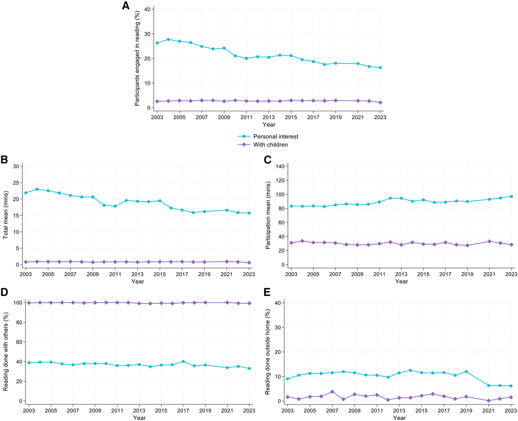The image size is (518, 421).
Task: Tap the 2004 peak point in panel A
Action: pyautogui.click(x=168, y=39)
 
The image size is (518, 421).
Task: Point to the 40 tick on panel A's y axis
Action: pyautogui.click(x=147, y=9)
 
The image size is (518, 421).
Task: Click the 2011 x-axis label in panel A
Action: pyautogui.click(x=246, y=117)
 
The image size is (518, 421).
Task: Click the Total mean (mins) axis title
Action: pyautogui.click(x=6, y=216)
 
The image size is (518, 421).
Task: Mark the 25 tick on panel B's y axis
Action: pyautogui.click(x=16, y=182)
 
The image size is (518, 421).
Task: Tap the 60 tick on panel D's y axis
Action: pyautogui.click(x=18, y=342)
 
